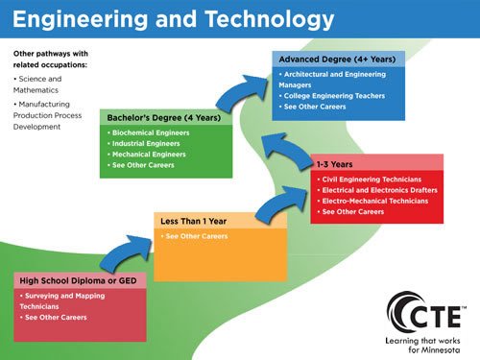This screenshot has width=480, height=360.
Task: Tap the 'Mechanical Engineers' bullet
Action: point(149,154)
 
